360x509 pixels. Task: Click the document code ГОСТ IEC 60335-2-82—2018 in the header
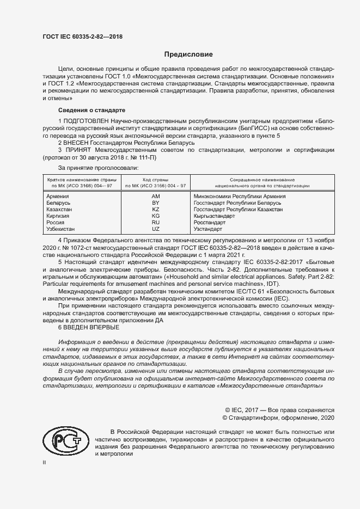[82, 36]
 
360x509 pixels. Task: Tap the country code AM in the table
[155, 196]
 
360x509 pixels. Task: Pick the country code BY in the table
[155, 203]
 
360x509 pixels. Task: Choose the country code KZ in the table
[155, 209]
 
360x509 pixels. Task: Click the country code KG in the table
[155, 216]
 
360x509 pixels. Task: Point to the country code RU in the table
[155, 223]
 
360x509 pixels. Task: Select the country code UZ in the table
[155, 229]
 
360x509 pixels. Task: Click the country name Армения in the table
[58, 196]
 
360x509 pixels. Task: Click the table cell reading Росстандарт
[210, 223]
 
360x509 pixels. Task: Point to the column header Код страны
[155, 179]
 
